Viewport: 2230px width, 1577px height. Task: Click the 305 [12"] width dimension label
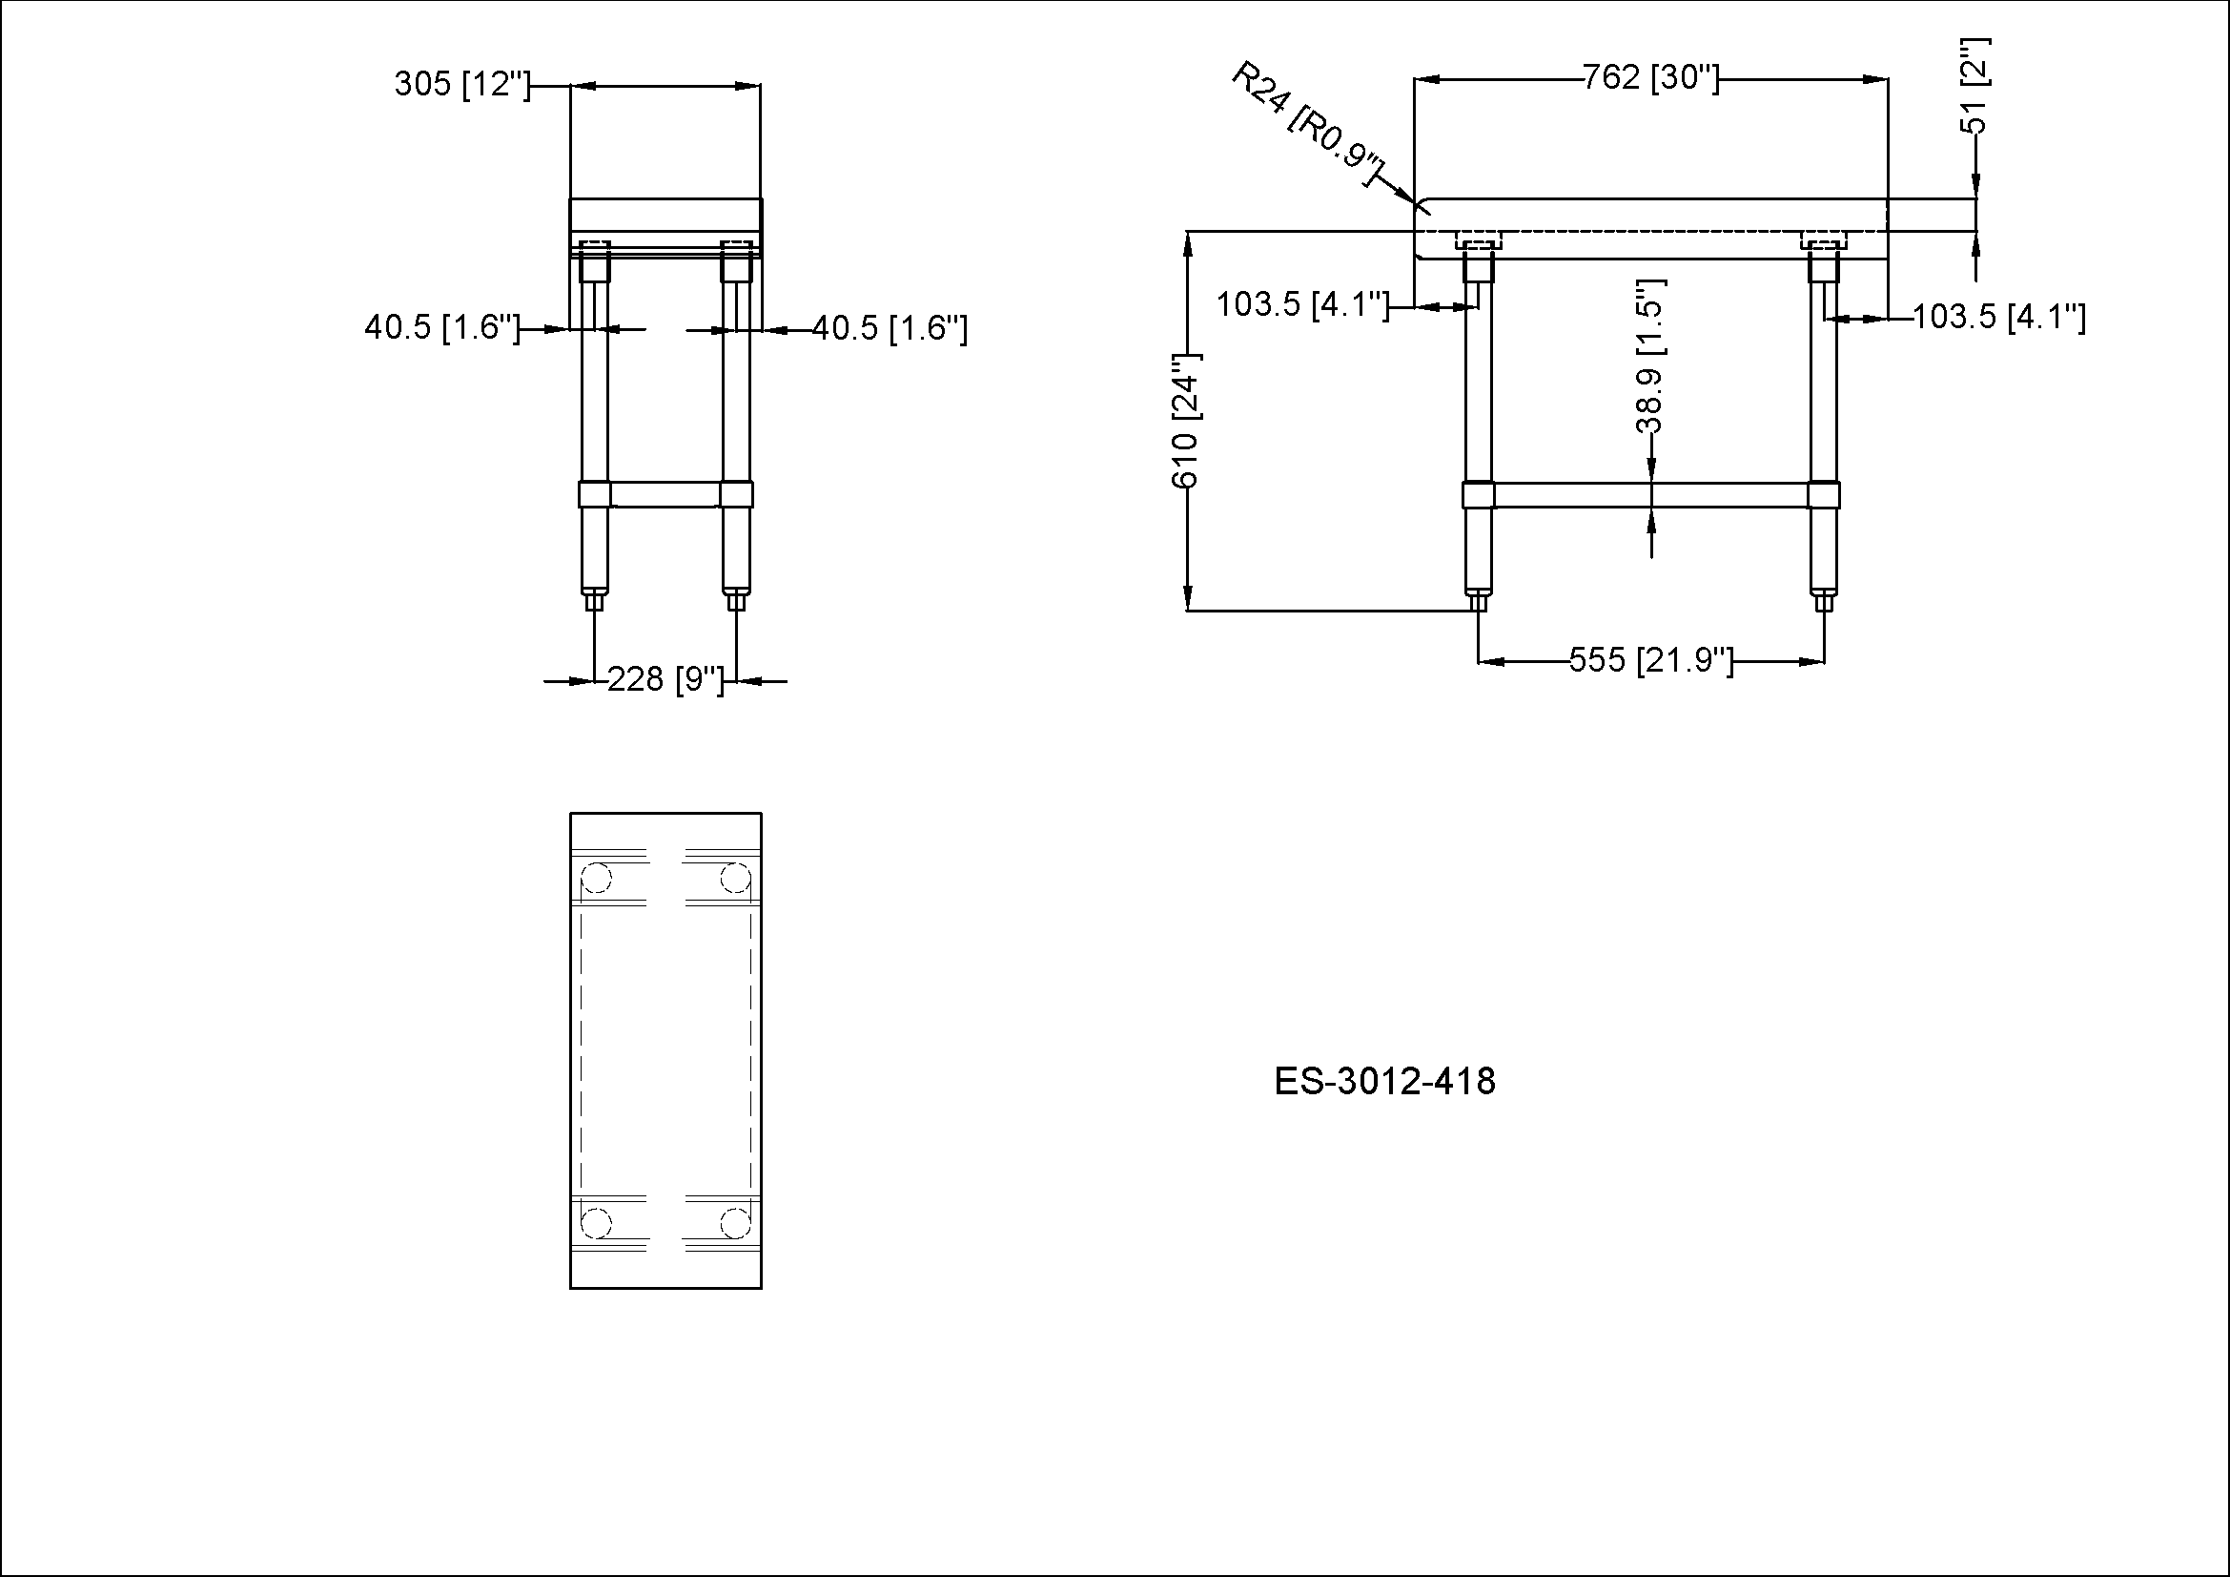point(462,85)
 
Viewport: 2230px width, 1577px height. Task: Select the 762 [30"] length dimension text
point(1650,76)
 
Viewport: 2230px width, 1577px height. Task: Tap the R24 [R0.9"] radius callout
point(1306,125)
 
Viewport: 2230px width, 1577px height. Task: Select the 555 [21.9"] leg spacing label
point(1651,661)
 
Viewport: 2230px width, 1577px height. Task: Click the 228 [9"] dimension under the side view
point(665,679)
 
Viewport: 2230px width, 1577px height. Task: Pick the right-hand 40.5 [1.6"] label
point(890,328)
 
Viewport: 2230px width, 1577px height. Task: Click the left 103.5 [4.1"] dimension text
point(1302,304)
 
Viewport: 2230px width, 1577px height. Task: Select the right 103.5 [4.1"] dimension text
point(1999,317)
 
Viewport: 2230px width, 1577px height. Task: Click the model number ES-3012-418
point(1384,1082)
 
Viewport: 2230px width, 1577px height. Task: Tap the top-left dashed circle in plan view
point(595,880)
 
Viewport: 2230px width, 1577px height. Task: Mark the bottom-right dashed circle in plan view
point(735,1222)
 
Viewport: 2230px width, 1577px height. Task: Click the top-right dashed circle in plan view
point(735,880)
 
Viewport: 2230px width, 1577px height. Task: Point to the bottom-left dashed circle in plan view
point(595,1222)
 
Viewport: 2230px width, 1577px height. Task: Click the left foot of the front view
point(1477,601)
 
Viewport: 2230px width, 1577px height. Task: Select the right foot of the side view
point(736,601)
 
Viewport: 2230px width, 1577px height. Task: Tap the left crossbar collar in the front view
point(1479,494)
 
